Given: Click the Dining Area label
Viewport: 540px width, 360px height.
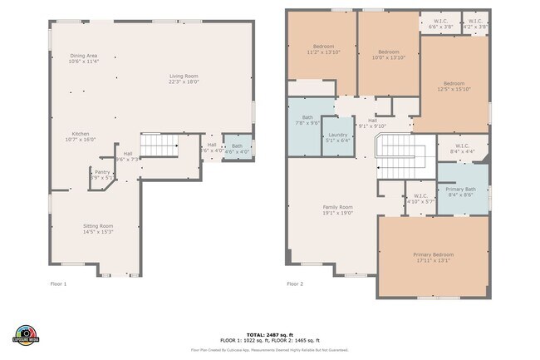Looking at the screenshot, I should click(84, 56).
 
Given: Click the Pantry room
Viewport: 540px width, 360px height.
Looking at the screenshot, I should click(101, 174).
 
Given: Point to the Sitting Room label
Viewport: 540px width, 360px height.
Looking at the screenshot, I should click(98, 226).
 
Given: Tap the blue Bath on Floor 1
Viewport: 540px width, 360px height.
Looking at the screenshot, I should click(237, 148).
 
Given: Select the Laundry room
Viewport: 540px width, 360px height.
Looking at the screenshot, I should click(337, 137).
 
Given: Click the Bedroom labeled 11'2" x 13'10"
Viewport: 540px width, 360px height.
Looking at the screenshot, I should click(322, 47).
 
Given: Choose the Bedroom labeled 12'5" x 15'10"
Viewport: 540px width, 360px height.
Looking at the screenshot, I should click(453, 86).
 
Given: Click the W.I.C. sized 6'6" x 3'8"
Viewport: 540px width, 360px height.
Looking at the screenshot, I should click(440, 23).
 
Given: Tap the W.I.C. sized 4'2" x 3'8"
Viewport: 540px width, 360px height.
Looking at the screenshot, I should click(475, 23).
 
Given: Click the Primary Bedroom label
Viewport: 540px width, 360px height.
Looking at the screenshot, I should click(433, 254).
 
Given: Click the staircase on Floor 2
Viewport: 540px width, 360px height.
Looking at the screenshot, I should click(402, 158).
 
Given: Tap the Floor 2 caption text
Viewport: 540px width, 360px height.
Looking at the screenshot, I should click(296, 284).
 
